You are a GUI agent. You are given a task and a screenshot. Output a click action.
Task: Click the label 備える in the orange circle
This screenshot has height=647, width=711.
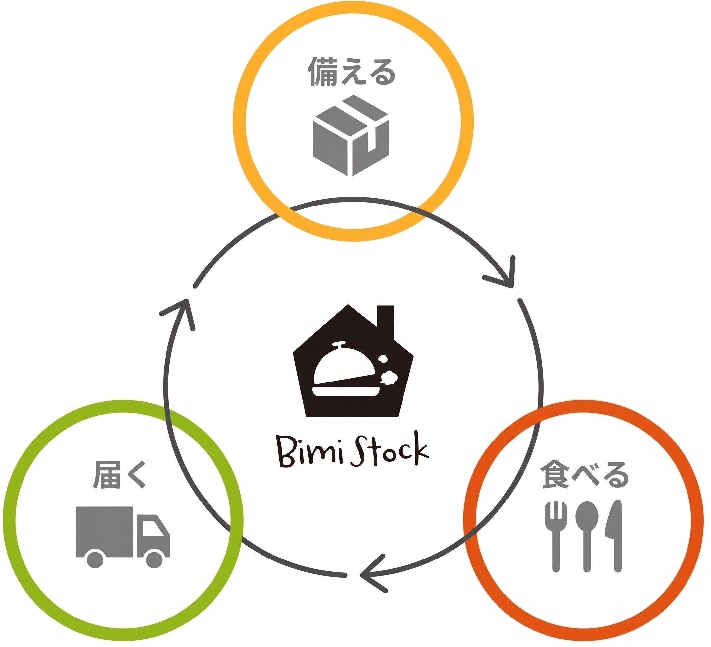coord(352,72)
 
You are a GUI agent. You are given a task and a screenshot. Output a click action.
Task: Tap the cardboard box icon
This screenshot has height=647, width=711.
coord(351,135)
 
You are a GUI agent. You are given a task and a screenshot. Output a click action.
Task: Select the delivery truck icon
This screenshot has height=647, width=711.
coord(123,537)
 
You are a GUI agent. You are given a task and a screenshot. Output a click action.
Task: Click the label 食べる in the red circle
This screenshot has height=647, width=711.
coord(585,475)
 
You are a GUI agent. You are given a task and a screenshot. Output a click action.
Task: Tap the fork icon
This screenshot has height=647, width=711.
coord(556,536)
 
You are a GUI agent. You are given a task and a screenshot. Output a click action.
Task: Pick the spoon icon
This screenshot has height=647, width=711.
coord(587,536)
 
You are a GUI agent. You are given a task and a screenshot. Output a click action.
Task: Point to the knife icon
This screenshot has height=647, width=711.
coord(614,536)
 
